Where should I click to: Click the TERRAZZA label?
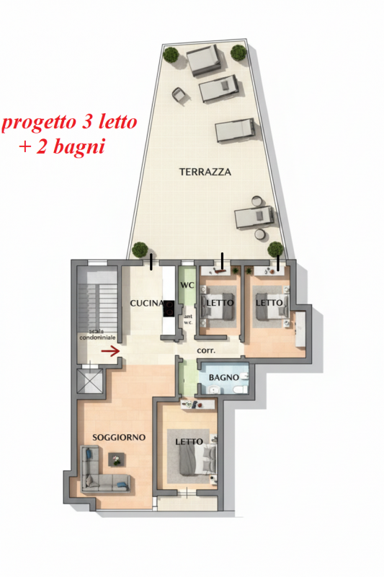(x=205, y=172)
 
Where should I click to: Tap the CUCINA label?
(x=147, y=303)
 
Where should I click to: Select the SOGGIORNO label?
(x=119, y=437)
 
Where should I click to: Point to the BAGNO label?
(x=223, y=377)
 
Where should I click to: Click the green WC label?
(x=187, y=285)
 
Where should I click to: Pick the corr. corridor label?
(x=206, y=351)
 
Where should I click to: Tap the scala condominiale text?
(x=97, y=335)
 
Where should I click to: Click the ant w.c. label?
(x=188, y=320)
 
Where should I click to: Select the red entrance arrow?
(x=111, y=352)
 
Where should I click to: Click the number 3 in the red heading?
(x=86, y=121)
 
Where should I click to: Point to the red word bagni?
(x=79, y=146)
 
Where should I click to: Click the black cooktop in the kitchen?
(x=169, y=309)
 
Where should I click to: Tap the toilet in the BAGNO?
(x=241, y=389)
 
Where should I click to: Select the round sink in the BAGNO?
(x=213, y=389)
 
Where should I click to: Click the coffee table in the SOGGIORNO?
(x=117, y=459)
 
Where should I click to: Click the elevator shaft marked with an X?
(x=89, y=382)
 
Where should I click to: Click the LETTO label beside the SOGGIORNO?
(x=189, y=441)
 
